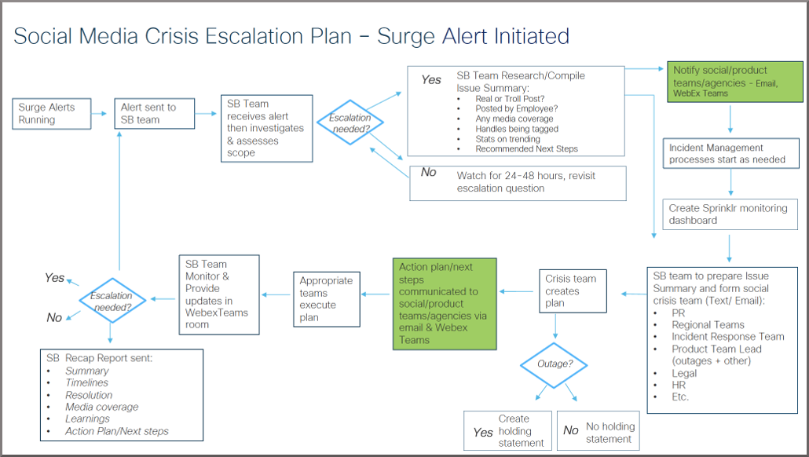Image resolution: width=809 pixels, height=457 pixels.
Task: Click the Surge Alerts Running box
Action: tap(51, 114)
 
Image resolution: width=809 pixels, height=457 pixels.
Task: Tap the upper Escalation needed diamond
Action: tap(351, 123)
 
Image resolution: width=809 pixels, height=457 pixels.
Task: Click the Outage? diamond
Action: tap(555, 364)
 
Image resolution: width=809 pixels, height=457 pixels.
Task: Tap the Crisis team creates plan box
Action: tap(571, 291)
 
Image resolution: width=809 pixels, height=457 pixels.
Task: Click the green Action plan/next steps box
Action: tap(445, 303)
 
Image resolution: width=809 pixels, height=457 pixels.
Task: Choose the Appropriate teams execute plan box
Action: tap(327, 298)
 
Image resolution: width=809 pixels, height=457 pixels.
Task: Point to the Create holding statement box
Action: tap(507, 431)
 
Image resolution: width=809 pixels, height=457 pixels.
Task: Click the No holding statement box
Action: tap(597, 431)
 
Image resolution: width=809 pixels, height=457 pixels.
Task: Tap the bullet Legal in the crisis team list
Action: tap(684, 373)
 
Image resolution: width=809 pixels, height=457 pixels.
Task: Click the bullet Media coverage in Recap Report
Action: tap(101, 407)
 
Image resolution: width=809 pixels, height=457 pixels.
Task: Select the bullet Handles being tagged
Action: tap(517, 129)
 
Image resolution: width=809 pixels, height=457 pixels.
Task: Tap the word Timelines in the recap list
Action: tap(88, 383)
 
